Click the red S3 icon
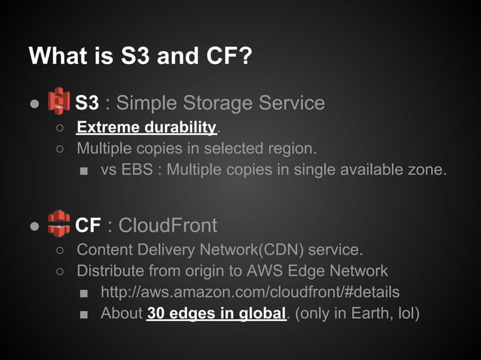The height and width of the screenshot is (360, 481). point(59,102)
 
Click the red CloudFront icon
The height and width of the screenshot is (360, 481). point(59,224)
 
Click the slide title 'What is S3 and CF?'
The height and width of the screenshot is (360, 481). point(139,56)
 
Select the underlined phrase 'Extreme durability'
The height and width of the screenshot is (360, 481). point(146,126)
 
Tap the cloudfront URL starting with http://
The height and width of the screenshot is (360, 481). point(250,291)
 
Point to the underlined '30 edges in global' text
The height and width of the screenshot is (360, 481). point(216,313)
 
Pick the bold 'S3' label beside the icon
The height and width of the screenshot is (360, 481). point(87,102)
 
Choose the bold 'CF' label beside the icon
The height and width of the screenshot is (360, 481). point(88,224)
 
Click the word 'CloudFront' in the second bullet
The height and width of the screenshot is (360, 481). point(167,224)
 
